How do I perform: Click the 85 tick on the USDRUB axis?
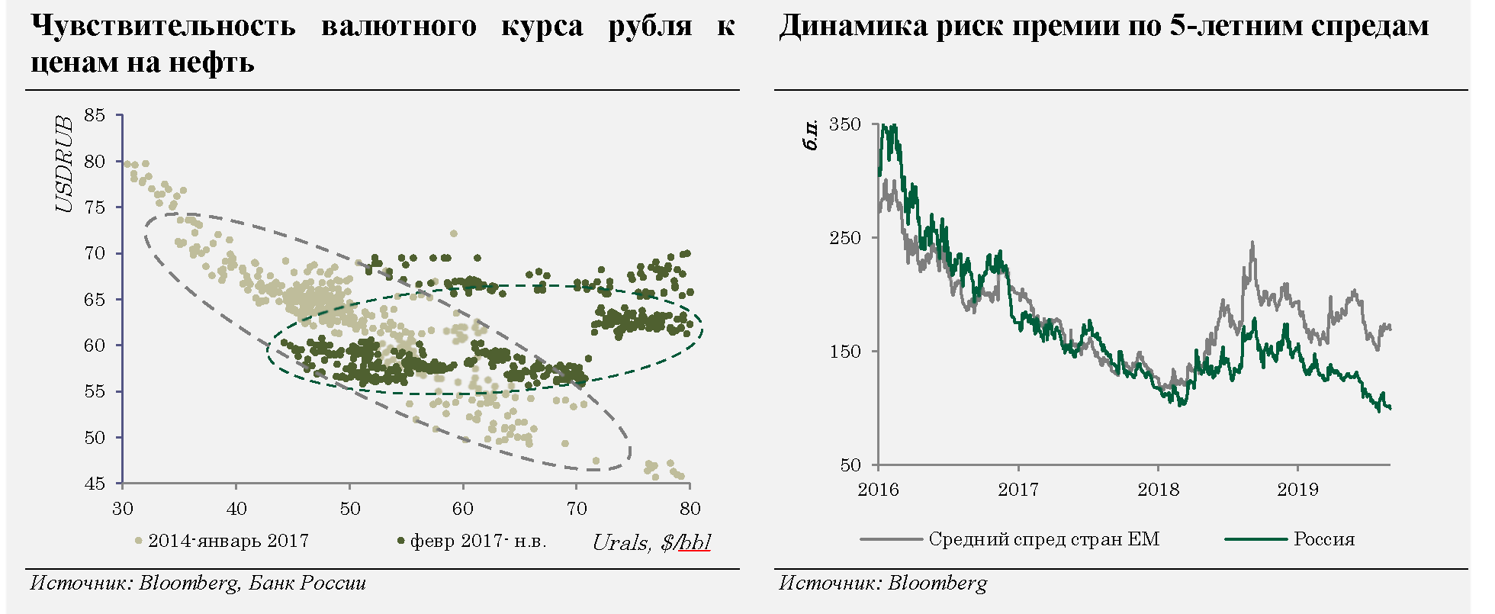(95, 116)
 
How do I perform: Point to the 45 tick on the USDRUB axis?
(95, 484)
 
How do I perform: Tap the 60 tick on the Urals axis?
(463, 509)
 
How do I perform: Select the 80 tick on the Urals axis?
(690, 509)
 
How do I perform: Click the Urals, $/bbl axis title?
(651, 542)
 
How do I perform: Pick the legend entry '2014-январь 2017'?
(228, 541)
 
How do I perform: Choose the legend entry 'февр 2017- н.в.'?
(478, 541)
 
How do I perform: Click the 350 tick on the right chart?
(844, 124)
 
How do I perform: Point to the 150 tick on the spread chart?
(844, 352)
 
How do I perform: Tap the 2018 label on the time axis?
(1158, 489)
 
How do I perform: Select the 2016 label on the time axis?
(879, 489)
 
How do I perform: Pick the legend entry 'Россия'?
(1324, 539)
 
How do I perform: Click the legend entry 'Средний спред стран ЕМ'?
(1043, 539)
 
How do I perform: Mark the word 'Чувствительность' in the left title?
(162, 26)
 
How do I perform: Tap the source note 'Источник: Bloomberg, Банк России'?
(198, 583)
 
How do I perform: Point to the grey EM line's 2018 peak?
(1252, 243)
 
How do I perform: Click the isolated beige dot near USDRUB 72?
(453, 233)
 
